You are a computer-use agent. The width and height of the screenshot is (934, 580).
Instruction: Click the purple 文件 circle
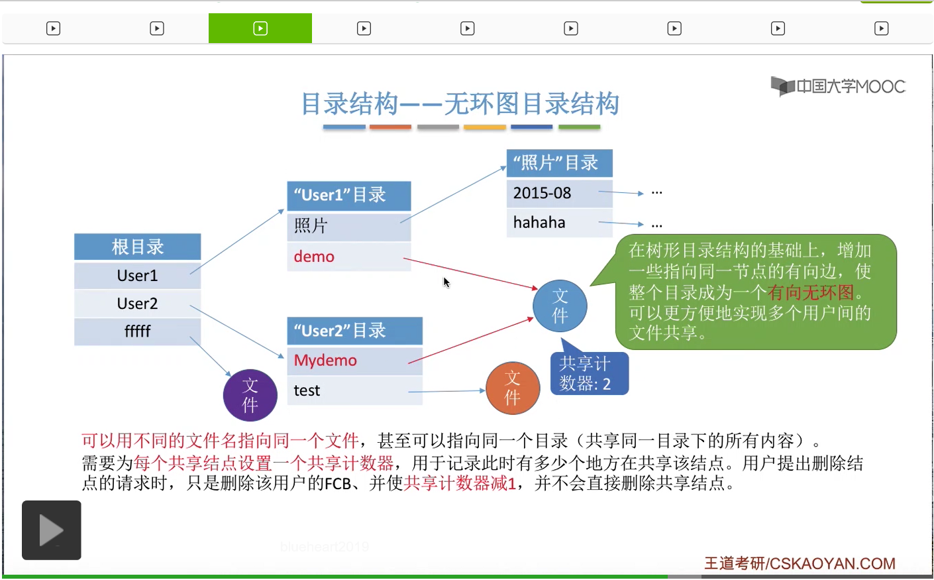[x=250, y=395]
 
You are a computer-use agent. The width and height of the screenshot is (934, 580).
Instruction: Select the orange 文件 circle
[x=513, y=388]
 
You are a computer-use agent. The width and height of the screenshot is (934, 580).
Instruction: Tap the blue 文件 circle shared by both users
[x=560, y=306]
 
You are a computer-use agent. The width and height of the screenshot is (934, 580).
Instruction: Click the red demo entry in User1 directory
[x=314, y=257]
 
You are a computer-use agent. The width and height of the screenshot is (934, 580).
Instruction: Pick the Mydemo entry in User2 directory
[x=325, y=361]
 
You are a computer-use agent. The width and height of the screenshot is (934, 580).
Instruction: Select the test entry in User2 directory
[x=307, y=390]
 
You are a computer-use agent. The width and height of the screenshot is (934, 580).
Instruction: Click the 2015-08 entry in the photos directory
[x=542, y=193]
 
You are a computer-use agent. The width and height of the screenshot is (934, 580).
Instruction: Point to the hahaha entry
[x=539, y=223]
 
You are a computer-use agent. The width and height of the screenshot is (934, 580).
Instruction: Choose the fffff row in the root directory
[x=137, y=331]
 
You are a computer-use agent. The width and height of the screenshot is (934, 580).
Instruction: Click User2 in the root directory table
[x=137, y=304]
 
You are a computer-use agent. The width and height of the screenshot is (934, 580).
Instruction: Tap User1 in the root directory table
[x=137, y=275]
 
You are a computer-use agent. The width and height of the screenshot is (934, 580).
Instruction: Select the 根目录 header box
[x=137, y=247]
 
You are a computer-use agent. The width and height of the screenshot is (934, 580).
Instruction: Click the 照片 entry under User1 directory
[x=311, y=226]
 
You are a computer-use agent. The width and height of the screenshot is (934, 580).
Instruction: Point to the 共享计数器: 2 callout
[x=588, y=373]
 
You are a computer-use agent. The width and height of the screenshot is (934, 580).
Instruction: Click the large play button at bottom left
[x=51, y=530]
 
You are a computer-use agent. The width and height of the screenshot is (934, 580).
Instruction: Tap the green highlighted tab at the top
[x=260, y=29]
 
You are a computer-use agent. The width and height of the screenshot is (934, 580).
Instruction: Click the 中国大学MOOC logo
[x=838, y=86]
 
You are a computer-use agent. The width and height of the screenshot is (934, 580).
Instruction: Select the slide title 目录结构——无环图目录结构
[x=460, y=104]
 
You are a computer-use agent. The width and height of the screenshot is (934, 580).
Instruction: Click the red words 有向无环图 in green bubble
[x=810, y=292]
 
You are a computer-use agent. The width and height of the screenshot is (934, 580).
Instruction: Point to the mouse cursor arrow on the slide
[x=446, y=282]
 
